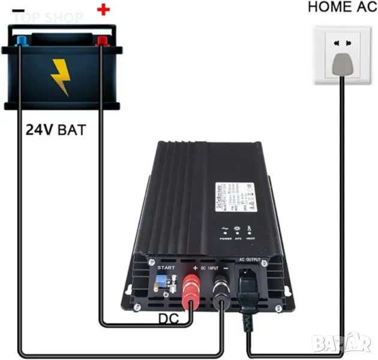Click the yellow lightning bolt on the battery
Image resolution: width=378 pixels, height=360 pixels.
(x=61, y=76)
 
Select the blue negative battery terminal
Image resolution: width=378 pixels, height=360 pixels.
(x=22, y=41)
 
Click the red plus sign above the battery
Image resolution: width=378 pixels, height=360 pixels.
(x=104, y=10)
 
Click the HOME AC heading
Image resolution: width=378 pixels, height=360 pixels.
(x=338, y=7)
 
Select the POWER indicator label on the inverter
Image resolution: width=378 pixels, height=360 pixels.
(x=226, y=239)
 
